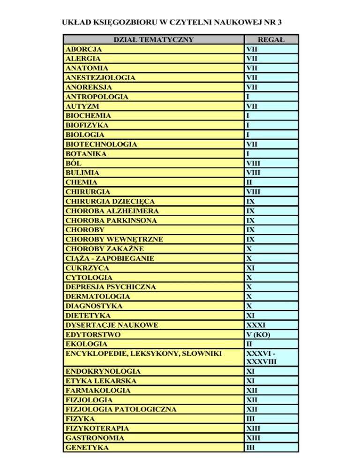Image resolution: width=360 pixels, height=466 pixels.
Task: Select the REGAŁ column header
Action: [x=271, y=39]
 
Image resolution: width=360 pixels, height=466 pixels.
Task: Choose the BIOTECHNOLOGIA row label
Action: [x=101, y=144]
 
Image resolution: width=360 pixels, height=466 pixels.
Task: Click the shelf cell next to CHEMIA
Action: [x=249, y=182]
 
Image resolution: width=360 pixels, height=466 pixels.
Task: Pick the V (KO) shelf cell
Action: [x=257, y=334]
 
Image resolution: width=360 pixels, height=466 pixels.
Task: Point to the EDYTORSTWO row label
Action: [x=93, y=334]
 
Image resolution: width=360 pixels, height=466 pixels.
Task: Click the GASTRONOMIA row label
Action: [x=95, y=438]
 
